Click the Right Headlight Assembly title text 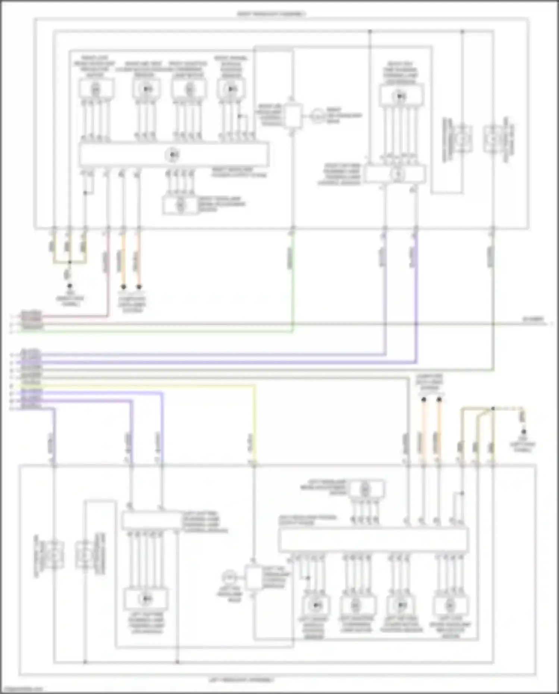click(x=271, y=14)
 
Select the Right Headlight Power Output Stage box click(x=173, y=154)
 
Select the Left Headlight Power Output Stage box click(x=373, y=540)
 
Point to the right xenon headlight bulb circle click(x=317, y=116)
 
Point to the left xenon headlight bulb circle click(x=227, y=577)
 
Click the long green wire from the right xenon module click(x=293, y=283)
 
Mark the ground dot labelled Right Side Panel click(x=69, y=286)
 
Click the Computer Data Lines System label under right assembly click(x=132, y=304)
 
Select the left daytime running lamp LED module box click(x=146, y=599)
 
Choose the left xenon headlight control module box click(x=254, y=577)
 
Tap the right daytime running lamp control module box click(x=395, y=174)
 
